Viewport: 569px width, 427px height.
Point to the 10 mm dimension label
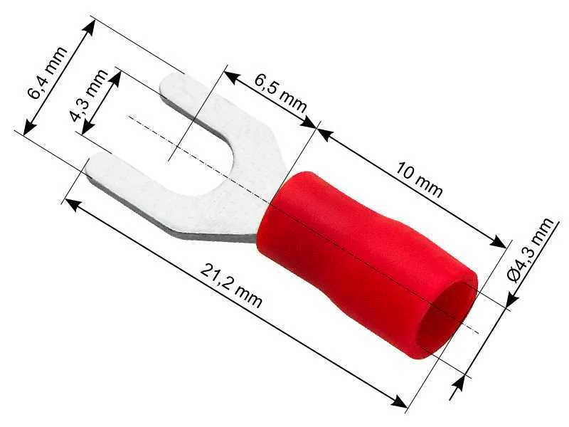[x=420, y=180]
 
